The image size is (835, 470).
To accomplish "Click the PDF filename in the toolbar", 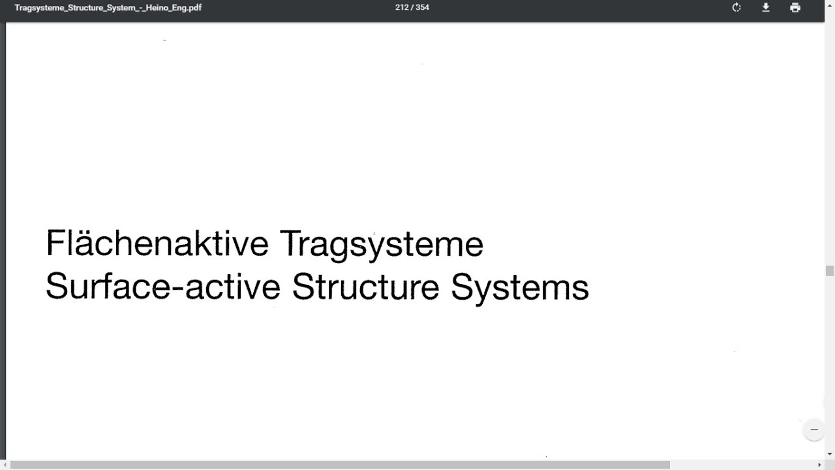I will tap(108, 8).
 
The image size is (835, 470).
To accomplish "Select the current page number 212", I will tap(401, 8).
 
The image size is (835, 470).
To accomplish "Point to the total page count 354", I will tap(422, 8).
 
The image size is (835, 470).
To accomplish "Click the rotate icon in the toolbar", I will tap(736, 8).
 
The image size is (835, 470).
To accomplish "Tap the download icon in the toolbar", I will tap(766, 8).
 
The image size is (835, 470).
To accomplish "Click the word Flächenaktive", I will tap(157, 244).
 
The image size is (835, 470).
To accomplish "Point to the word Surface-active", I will tap(163, 287).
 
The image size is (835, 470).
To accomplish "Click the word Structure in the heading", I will tap(365, 287).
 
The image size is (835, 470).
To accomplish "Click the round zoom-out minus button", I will tap(814, 430).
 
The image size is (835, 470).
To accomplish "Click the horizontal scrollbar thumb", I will tap(339, 465).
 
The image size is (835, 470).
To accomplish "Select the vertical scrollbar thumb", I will tap(830, 271).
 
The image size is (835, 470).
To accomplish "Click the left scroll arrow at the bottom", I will tap(5, 465).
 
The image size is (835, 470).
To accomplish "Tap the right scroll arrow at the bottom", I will tap(819, 465).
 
